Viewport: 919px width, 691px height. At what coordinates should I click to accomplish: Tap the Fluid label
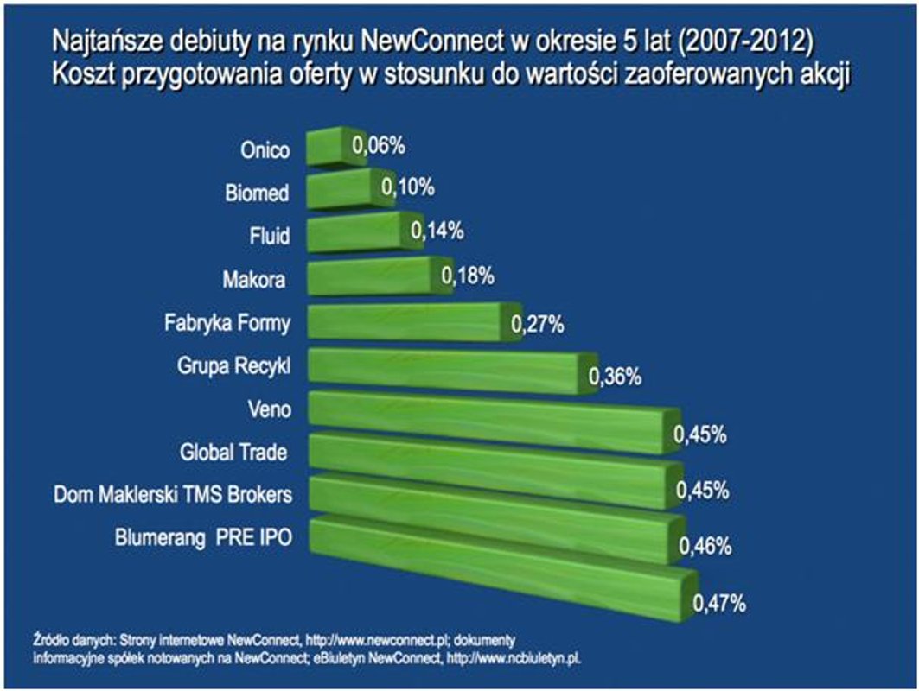(x=271, y=236)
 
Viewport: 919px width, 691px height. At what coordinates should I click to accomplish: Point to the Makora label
(x=257, y=279)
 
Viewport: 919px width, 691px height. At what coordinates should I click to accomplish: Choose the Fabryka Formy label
(x=227, y=325)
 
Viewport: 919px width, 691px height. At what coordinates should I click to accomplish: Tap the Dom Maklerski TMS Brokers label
(x=171, y=494)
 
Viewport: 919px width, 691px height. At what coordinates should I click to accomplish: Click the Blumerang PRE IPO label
(x=203, y=537)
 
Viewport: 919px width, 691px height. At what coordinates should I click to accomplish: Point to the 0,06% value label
(x=378, y=146)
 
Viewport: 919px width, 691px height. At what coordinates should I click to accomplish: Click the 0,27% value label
(x=537, y=325)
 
